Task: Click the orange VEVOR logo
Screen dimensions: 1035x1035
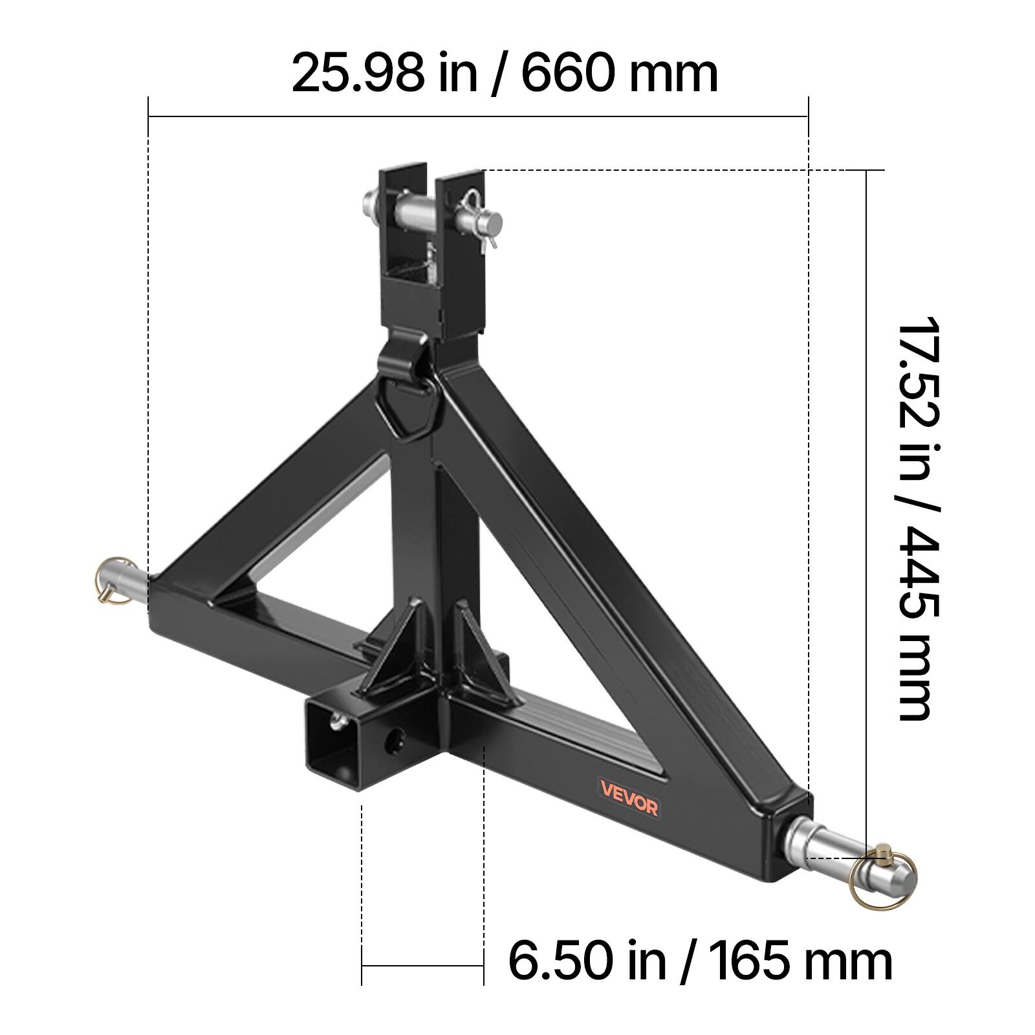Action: click(628, 798)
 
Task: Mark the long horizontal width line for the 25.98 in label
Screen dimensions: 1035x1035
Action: click(478, 116)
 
